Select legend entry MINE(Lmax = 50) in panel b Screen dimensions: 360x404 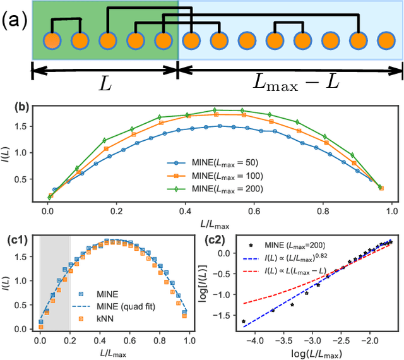pyautogui.click(x=217, y=161)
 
